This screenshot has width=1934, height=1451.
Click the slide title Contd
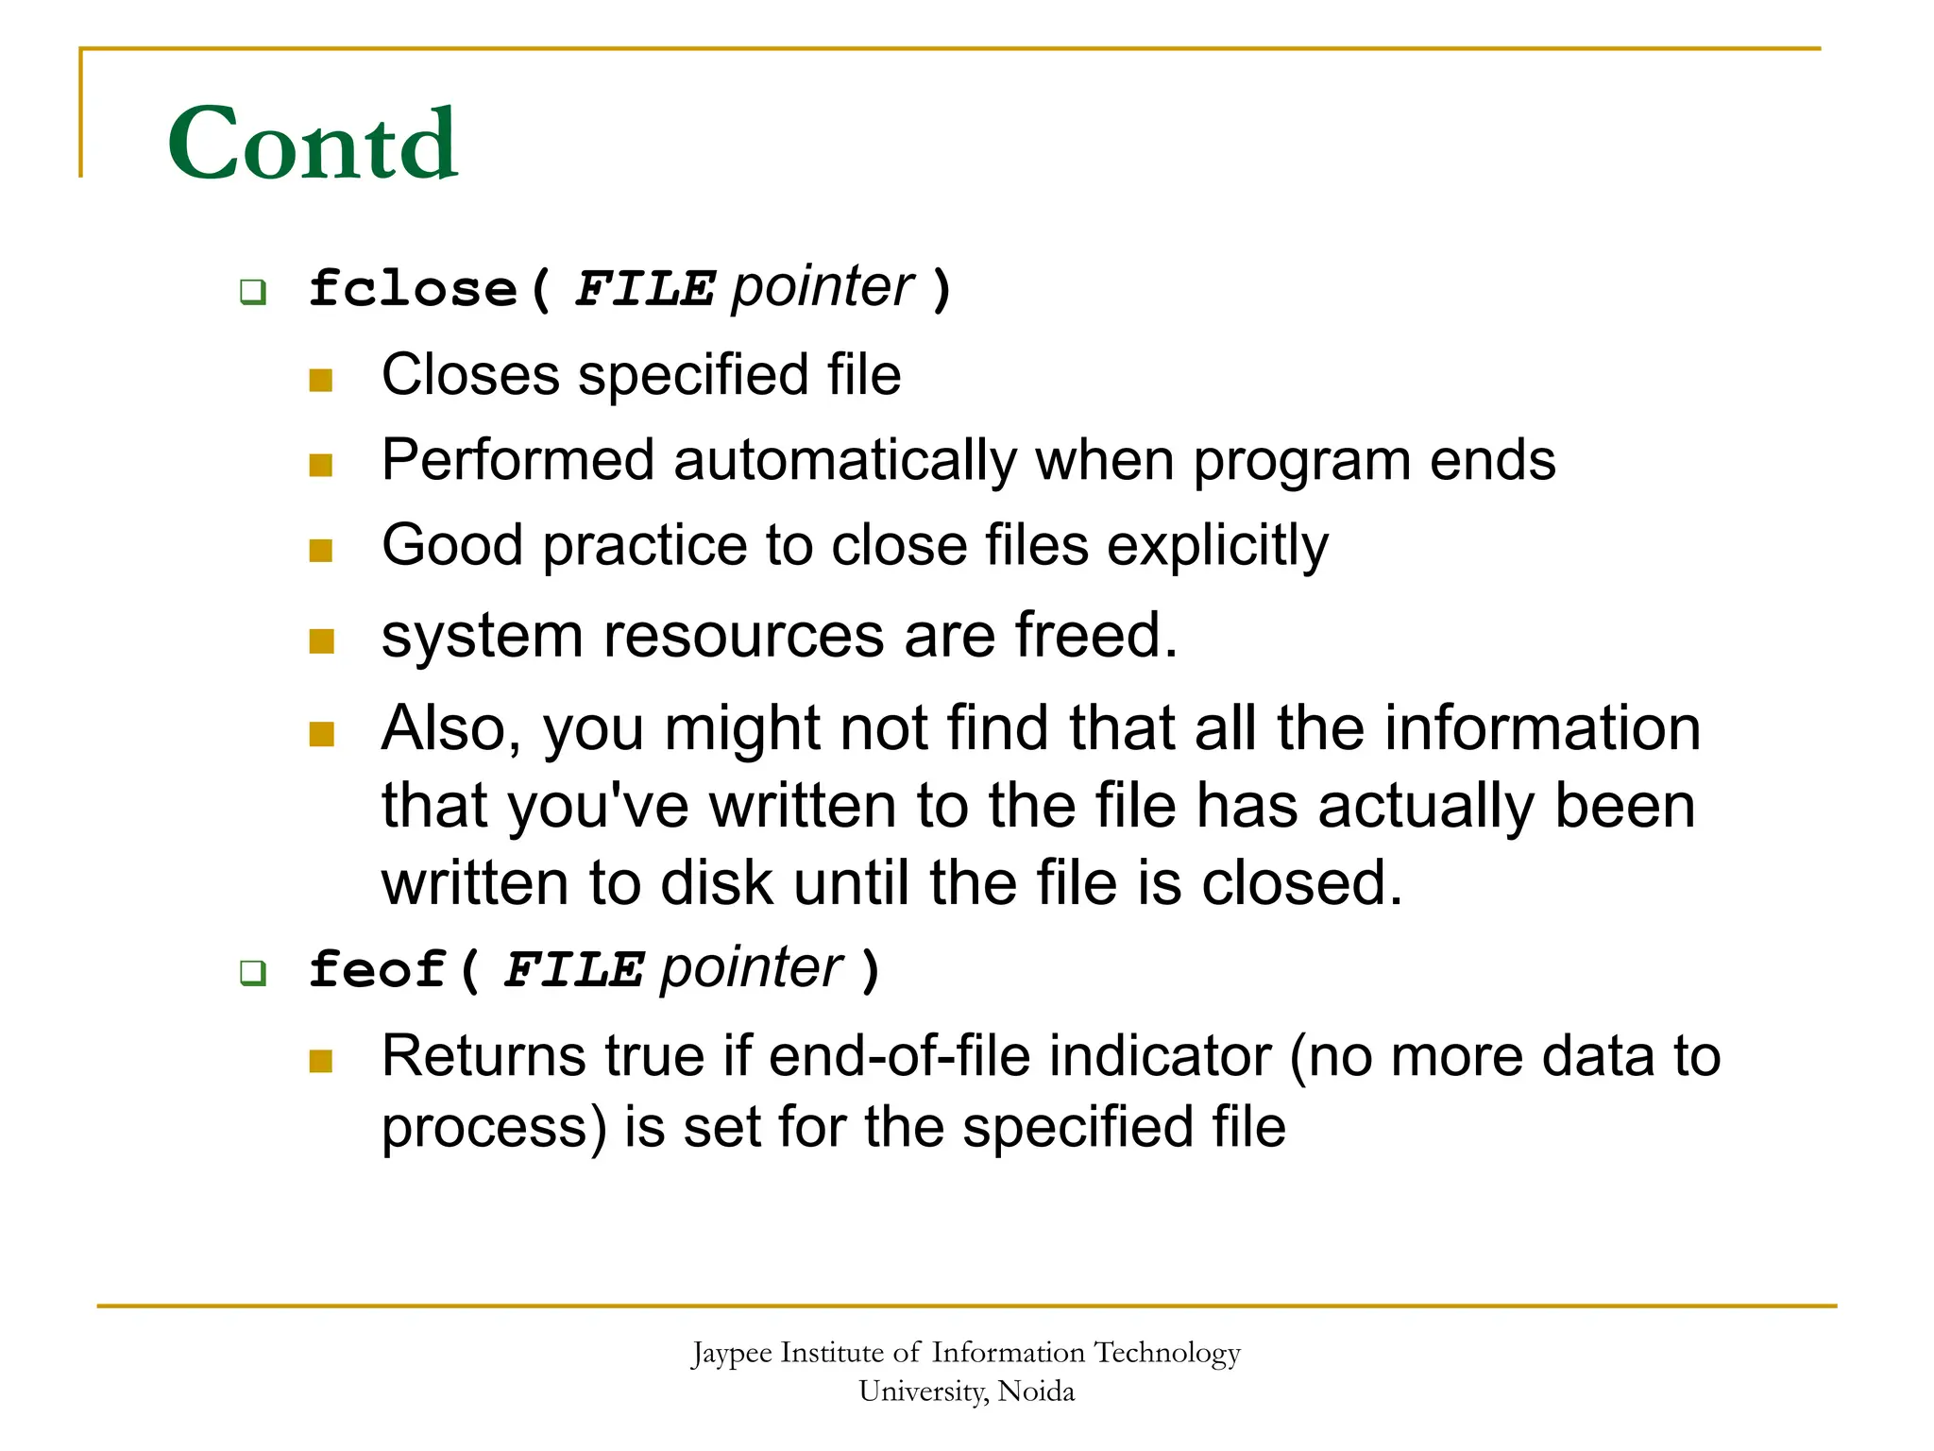click(x=313, y=144)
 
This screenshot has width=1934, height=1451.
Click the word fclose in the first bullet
click(x=413, y=288)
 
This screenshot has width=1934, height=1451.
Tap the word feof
click(x=377, y=969)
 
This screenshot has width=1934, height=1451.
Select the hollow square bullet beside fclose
click(x=252, y=291)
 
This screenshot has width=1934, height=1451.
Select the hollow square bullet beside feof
click(x=252, y=972)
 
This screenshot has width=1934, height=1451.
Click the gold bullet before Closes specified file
click(x=321, y=380)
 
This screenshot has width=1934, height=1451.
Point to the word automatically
click(x=844, y=460)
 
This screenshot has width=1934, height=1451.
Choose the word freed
click(x=1095, y=635)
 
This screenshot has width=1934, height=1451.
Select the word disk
click(x=716, y=883)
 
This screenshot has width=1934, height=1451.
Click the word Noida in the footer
click(x=1036, y=1391)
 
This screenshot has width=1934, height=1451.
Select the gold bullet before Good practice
click(x=321, y=551)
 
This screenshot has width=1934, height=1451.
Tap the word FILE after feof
click(x=573, y=970)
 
